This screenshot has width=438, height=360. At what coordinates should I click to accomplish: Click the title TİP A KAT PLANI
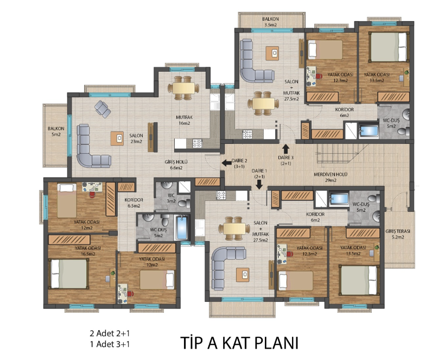[239, 343]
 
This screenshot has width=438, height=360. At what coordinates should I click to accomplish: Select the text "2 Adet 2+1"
[110, 333]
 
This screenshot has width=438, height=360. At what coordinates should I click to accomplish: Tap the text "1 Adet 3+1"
[110, 344]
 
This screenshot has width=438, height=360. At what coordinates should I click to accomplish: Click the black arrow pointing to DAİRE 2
[226, 162]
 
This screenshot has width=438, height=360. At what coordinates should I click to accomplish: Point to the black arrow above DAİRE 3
[285, 149]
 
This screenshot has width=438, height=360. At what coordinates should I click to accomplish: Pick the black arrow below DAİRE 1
[259, 185]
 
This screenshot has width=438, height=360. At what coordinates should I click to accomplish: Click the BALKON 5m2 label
[56, 131]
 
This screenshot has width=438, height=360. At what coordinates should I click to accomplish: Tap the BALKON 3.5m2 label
[270, 22]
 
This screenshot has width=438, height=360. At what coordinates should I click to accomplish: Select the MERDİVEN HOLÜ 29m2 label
[331, 177]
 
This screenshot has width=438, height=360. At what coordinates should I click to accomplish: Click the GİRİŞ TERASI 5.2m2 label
[398, 234]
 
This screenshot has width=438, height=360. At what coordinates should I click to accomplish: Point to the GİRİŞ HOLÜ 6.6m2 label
[176, 165]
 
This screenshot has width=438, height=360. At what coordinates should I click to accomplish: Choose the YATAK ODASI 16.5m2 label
[87, 251]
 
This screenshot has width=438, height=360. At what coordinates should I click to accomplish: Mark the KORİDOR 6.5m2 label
[134, 203]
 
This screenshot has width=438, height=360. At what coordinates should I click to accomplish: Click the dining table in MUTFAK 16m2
[183, 88]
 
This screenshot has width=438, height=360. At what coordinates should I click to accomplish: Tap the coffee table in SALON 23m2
[117, 138]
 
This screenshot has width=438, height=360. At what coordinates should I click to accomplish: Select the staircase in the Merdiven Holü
[342, 154]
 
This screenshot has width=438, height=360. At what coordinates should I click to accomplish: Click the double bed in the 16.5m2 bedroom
[69, 274]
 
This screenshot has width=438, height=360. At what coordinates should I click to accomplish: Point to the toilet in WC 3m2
[183, 203]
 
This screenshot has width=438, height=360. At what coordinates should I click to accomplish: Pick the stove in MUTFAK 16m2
[198, 143]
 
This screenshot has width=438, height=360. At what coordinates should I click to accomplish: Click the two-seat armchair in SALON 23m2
[103, 109]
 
